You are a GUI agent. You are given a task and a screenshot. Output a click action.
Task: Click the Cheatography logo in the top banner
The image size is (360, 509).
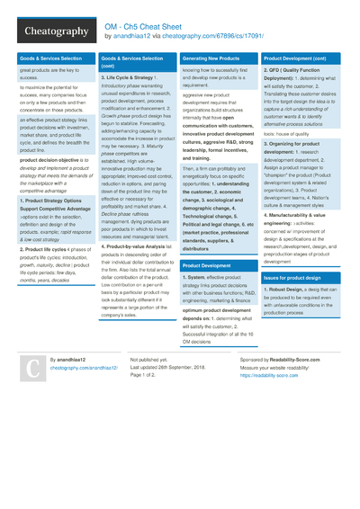(x=49, y=31)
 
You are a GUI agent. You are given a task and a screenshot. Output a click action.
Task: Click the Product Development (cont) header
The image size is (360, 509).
(x=301, y=58)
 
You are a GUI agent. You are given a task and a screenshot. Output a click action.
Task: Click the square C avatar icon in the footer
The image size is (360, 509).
(x=32, y=369)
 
